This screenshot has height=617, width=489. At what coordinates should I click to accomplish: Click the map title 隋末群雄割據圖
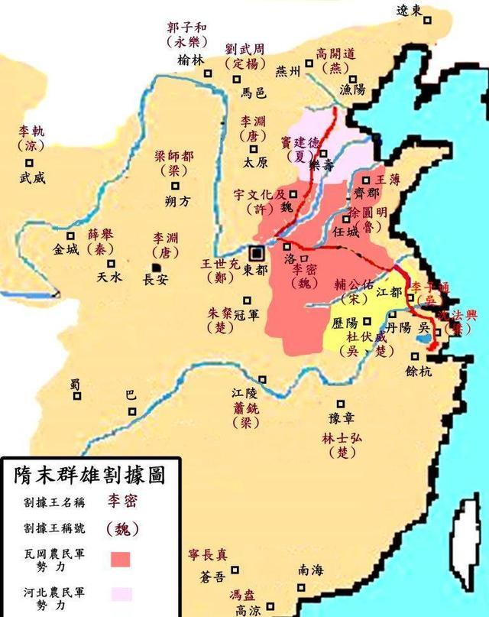pyautogui.click(x=89, y=475)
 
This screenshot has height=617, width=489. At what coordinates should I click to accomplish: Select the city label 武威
pyautogui.click(x=33, y=178)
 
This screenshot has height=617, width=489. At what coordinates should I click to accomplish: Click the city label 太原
pyautogui.click(x=256, y=162)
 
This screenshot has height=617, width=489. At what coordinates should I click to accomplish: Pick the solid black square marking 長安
pyautogui.click(x=156, y=266)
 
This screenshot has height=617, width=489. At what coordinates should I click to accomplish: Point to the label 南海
pyautogui.click(x=311, y=570)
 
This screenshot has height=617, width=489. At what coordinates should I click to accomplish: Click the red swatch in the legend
pyautogui.click(x=120, y=558)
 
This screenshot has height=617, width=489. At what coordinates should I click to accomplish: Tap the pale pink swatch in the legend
pyautogui.click(x=120, y=593)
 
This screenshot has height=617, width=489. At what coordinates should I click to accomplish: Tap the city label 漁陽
pyautogui.click(x=352, y=90)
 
